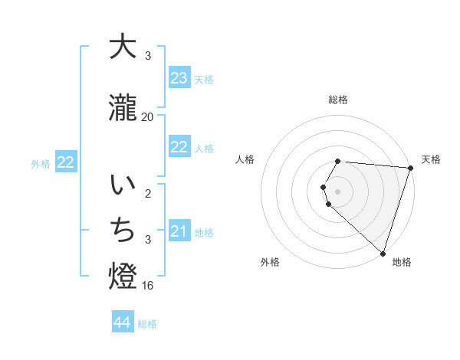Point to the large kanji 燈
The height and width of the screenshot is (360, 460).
point(123,277)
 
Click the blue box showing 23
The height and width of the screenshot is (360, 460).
point(179,78)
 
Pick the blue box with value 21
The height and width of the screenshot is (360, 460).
point(179,231)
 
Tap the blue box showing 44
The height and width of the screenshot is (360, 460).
point(123,322)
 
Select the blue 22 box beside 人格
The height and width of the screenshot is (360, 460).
point(179,147)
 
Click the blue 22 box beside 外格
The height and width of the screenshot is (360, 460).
point(66,162)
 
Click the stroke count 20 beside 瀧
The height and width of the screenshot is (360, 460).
point(148,116)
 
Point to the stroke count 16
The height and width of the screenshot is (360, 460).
point(148,285)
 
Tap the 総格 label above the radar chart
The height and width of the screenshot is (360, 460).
point(338,100)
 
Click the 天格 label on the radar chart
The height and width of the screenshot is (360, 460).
point(431,159)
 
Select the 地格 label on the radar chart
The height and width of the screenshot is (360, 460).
point(402,262)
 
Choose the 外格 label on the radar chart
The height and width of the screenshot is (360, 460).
point(270,262)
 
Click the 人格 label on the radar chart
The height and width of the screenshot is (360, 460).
point(245,159)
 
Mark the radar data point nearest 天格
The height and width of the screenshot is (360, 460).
point(411,168)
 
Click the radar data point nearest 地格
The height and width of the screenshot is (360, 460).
point(383,253)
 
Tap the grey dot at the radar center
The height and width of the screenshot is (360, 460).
point(338,191)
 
